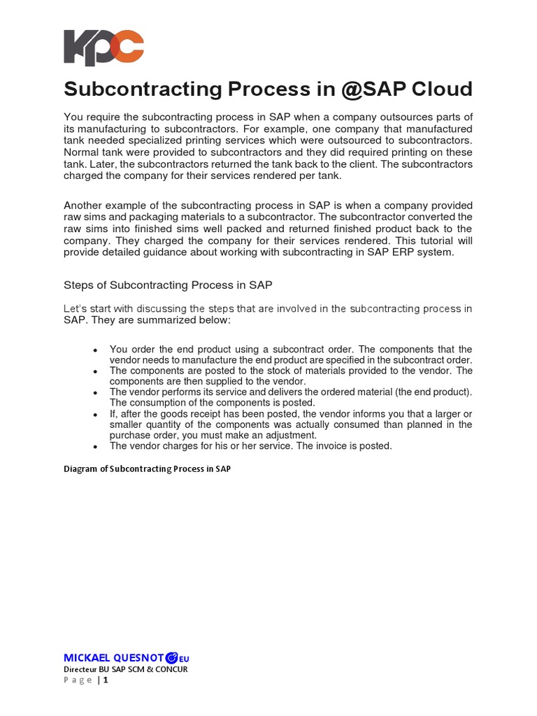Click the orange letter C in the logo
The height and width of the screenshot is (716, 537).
pyautogui.click(x=130, y=48)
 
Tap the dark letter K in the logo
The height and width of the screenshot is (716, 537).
pyautogui.click(x=78, y=48)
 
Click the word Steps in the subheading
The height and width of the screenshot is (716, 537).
pyautogui.click(x=78, y=285)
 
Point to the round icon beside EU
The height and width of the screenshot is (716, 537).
pyautogui.click(x=172, y=658)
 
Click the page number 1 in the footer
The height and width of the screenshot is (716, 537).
pyautogui.click(x=106, y=680)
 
